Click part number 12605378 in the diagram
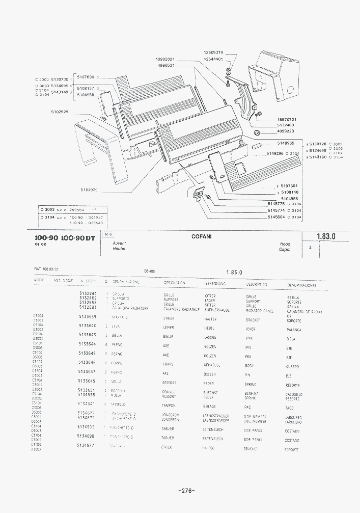213,52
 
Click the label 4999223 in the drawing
286,131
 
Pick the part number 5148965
286,143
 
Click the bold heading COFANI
202,236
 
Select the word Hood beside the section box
285,244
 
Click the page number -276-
186,491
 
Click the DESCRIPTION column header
257,284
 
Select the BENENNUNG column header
216,283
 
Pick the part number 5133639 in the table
88,317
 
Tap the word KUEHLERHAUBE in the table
217,309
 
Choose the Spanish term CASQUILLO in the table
295,394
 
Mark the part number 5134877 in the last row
86,445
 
